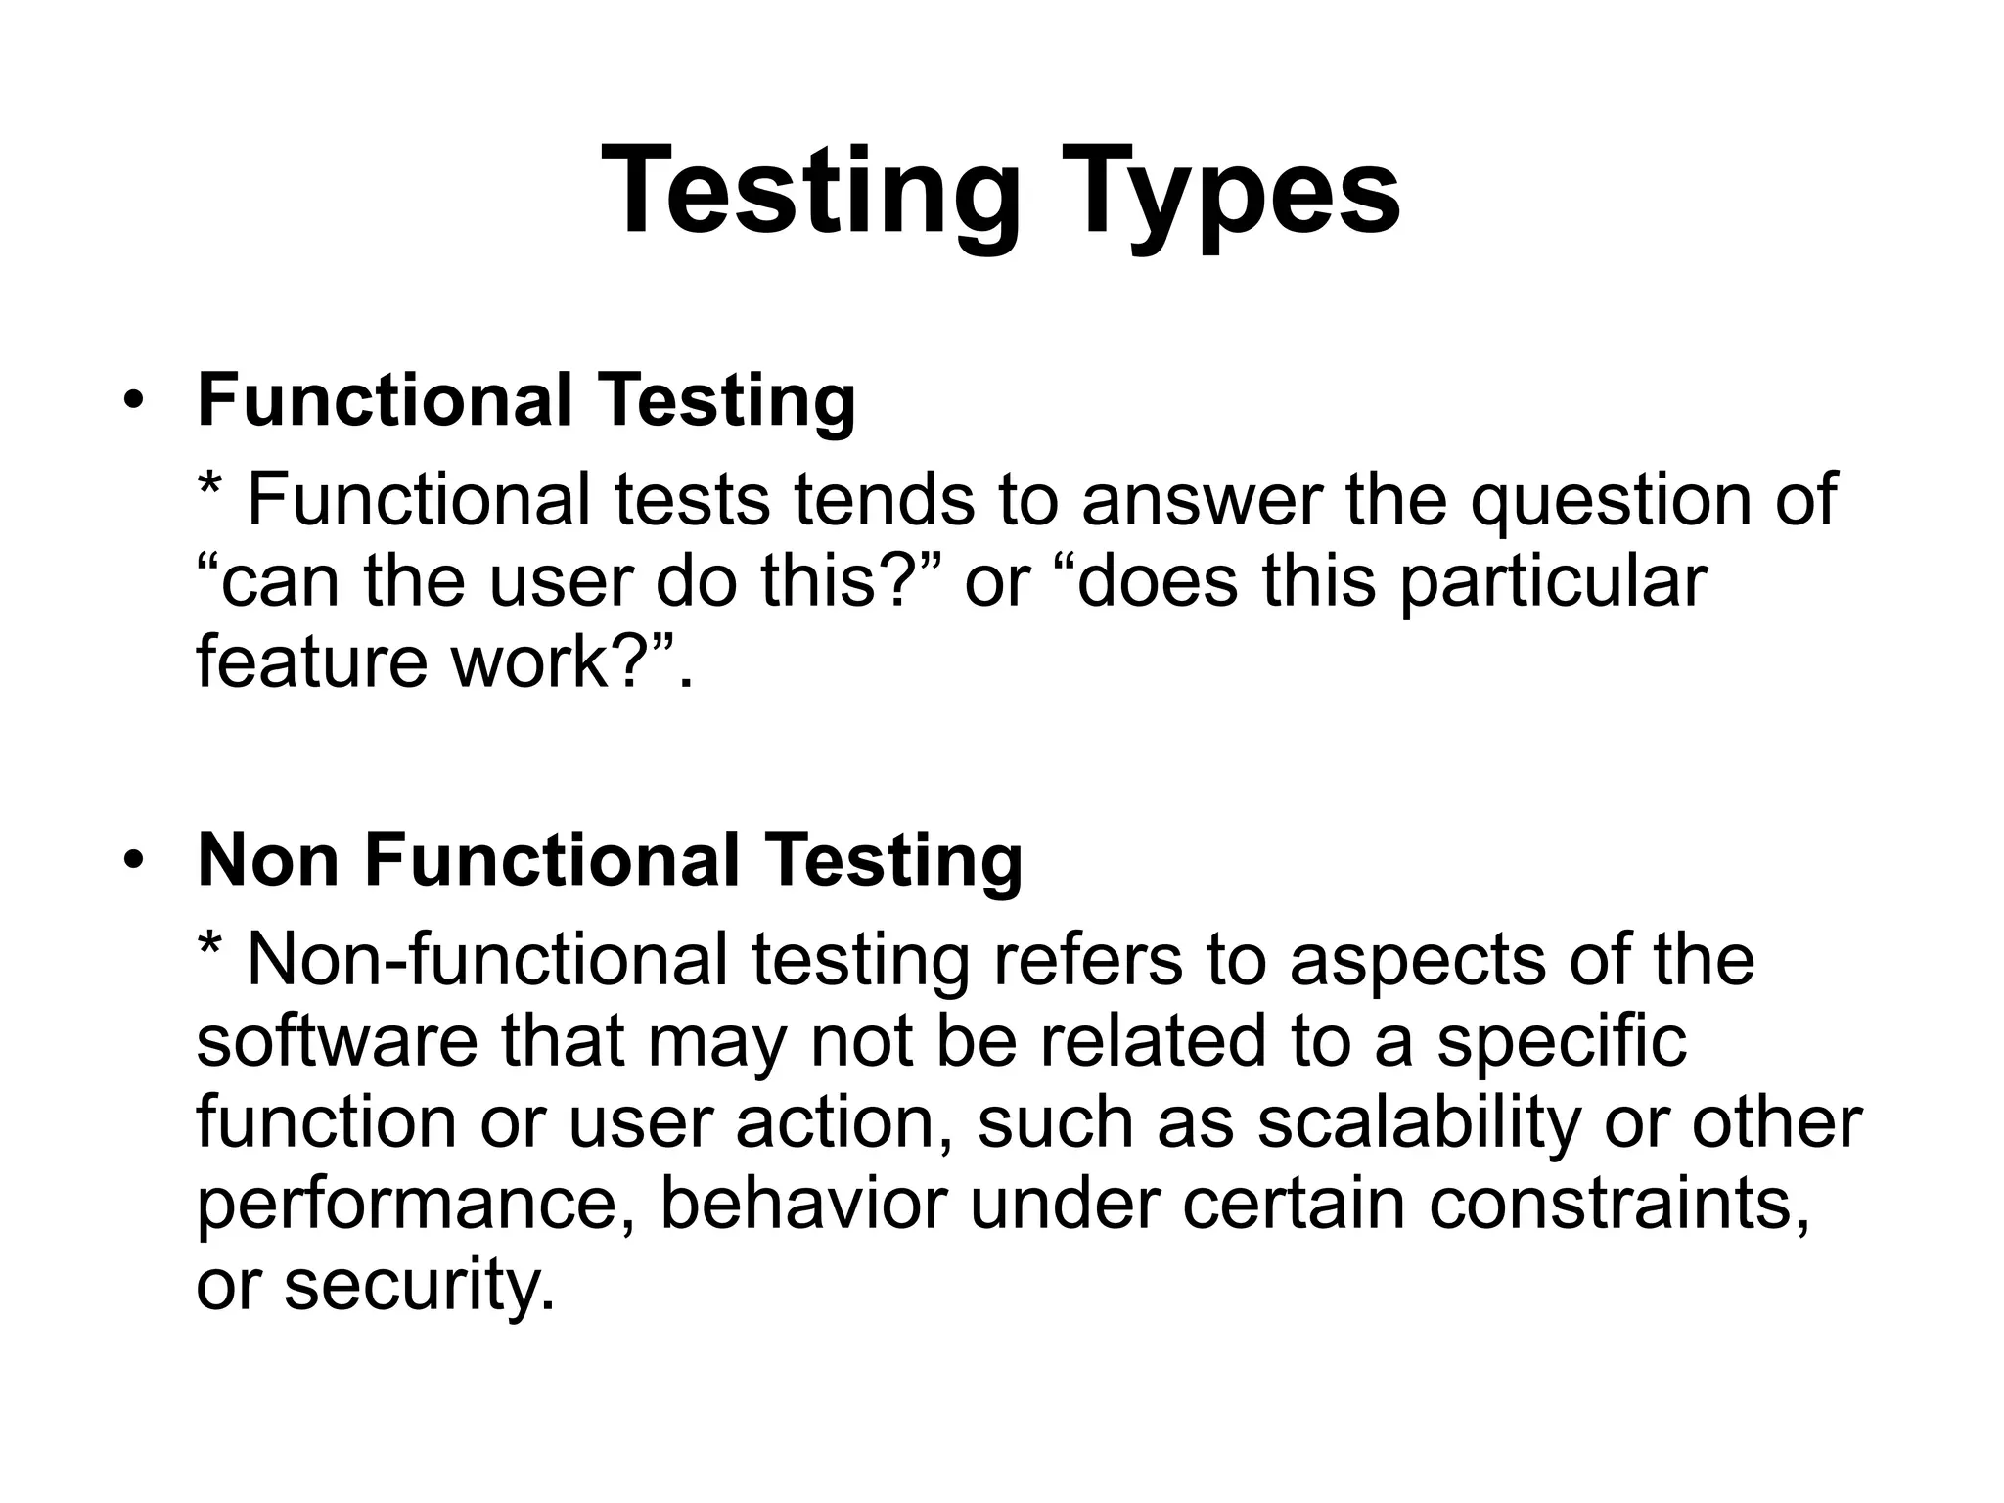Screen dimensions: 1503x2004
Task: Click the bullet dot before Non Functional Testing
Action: click(134, 860)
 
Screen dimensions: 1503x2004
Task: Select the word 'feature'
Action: click(311, 661)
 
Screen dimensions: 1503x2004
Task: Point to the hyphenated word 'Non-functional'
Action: click(487, 960)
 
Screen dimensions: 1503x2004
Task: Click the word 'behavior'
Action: click(803, 1203)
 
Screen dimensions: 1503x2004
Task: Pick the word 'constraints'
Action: click(1618, 1203)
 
